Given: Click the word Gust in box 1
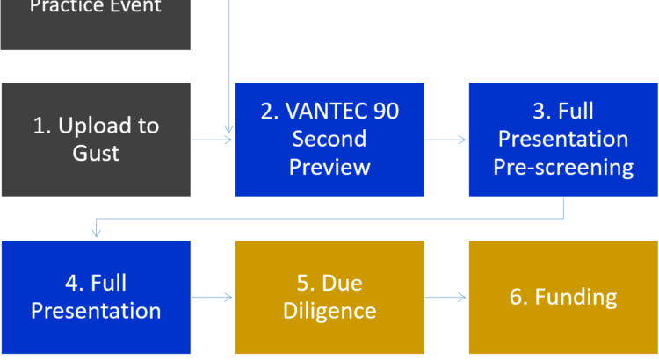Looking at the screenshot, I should pos(96,153).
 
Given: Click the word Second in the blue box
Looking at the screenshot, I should pos(329,139).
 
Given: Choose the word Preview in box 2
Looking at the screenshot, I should pos(329,167).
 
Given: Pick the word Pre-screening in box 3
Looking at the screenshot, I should pos(563,167).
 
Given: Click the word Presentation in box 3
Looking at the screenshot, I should pos(563,139).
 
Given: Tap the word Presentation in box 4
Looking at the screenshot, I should pos(96,311).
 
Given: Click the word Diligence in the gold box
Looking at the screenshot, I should pos(329,311).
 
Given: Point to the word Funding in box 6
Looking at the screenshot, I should pos(576,297).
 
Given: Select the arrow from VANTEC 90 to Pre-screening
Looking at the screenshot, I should pos(446,139).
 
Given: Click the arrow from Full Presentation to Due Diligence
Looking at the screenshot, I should pos(213,297).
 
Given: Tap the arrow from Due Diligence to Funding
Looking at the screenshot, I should pos(446,297).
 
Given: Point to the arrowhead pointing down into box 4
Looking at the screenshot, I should pos(96,234).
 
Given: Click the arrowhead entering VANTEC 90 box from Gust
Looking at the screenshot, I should pos(228,139).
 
